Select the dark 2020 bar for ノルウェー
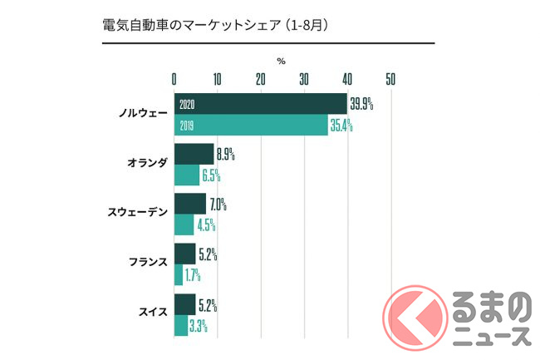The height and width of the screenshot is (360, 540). pos(260,104)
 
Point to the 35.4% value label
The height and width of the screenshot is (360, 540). pos(341,126)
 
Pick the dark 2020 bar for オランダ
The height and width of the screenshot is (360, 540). pos(194,154)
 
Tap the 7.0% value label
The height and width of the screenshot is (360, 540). pos(218,204)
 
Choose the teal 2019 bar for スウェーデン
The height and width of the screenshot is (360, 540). pos(184,224)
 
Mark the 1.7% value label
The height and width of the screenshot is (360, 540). pos(193,274)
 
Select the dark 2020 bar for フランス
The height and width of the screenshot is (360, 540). pos(184,253)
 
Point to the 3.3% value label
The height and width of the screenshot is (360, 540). pos(198,324)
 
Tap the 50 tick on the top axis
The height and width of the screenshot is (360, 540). pos(390,79)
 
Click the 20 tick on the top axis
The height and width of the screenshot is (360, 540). pos(260,79)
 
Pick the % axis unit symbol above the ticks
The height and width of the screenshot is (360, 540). pos(281,61)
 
